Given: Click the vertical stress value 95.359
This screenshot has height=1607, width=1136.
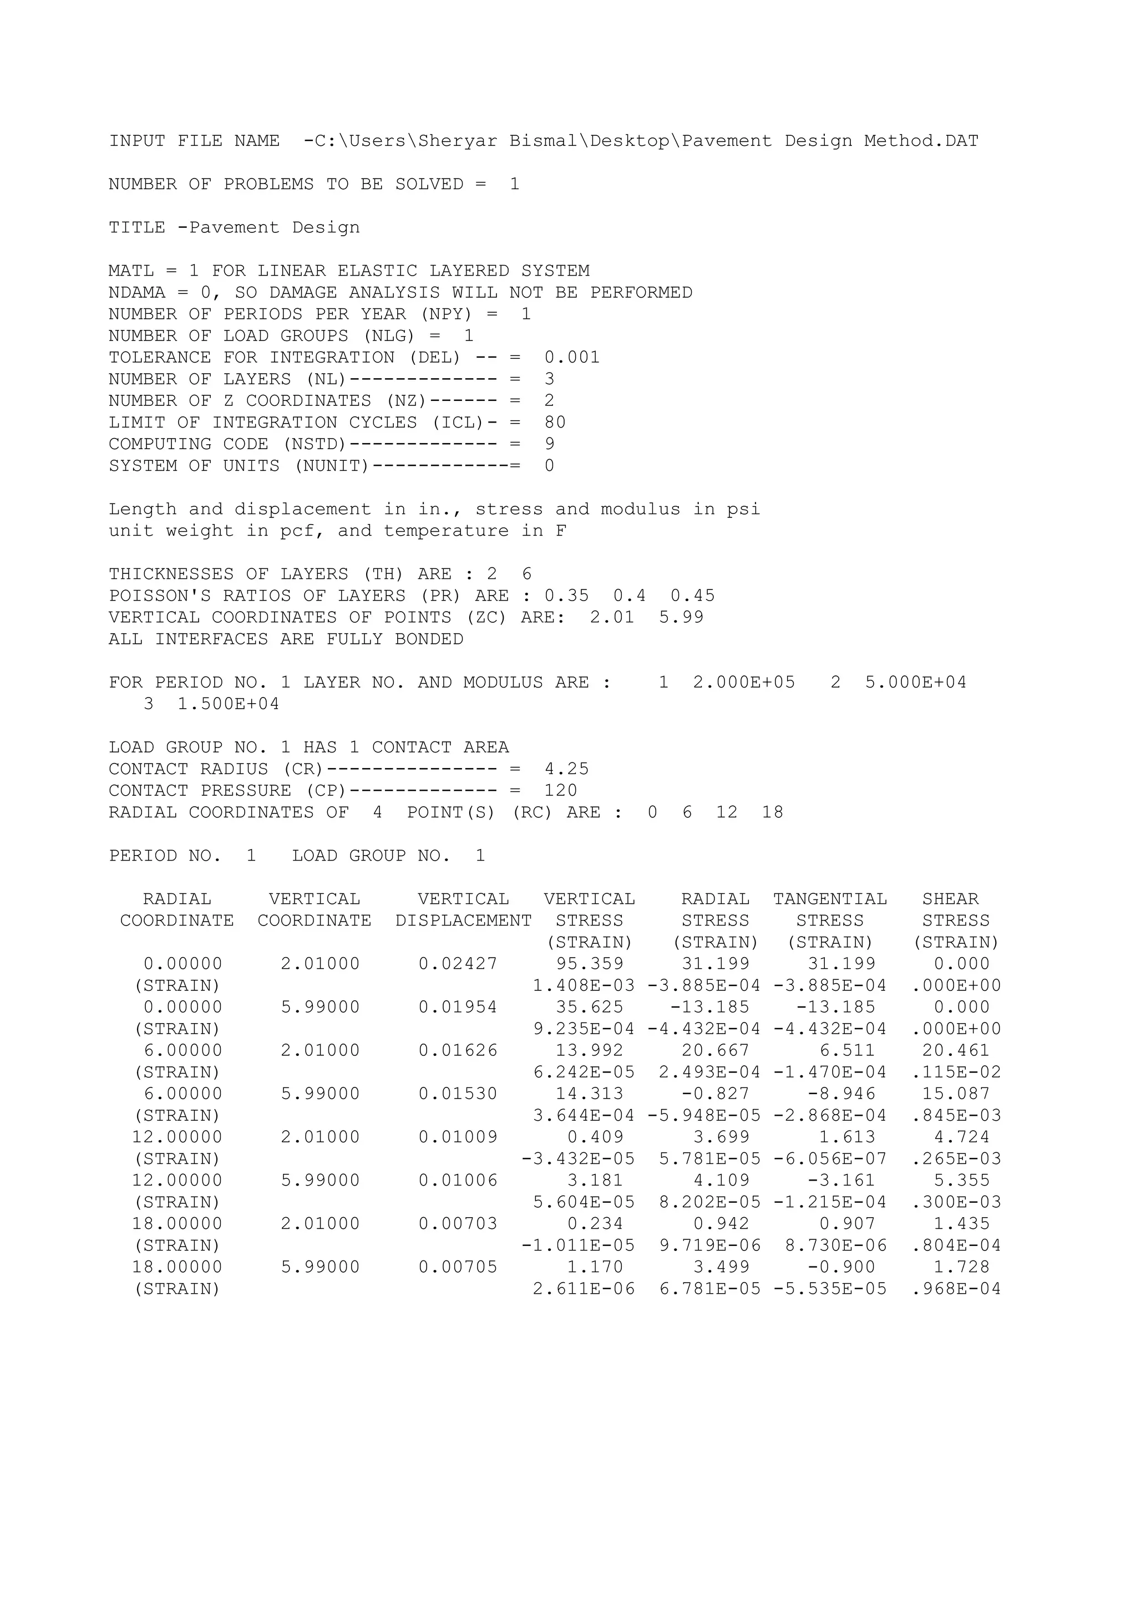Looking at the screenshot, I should pyautogui.click(x=589, y=964).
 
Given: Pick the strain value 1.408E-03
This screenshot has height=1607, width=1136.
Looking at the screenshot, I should pyautogui.click(x=584, y=985).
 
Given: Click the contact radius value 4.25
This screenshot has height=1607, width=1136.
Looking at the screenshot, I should pyautogui.click(x=566, y=769).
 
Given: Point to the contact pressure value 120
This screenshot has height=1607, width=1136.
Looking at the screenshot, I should pyautogui.click(x=561, y=790).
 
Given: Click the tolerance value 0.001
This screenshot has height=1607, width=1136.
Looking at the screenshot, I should pyautogui.click(x=572, y=357).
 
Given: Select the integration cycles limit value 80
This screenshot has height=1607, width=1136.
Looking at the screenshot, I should pyautogui.click(x=555, y=422).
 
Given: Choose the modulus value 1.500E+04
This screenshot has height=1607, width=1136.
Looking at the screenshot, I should pyautogui.click(x=228, y=704).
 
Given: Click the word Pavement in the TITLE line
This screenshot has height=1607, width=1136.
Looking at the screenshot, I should pyautogui.click(x=235, y=227).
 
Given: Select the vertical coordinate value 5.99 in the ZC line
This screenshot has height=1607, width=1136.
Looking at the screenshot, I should pyautogui.click(x=681, y=617).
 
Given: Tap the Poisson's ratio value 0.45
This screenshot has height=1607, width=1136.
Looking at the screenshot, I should pyautogui.click(x=692, y=595).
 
